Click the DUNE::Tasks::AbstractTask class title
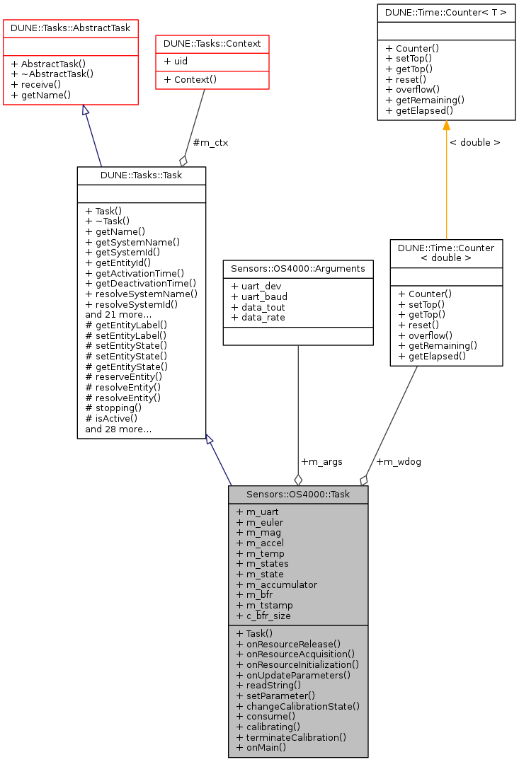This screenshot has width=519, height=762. [71, 28]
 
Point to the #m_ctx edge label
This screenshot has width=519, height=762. [210, 142]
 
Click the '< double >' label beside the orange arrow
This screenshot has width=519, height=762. [474, 142]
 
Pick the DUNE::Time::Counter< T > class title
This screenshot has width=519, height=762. [446, 12]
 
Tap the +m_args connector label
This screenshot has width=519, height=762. [321, 461]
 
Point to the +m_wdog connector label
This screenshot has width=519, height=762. [399, 461]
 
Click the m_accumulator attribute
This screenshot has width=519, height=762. [277, 584]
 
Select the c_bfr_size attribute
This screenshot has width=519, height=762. [265, 616]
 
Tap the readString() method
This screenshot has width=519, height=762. [268, 685]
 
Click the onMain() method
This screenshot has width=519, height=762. [261, 747]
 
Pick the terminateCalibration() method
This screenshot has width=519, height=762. [291, 737]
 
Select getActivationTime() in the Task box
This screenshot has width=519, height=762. [135, 273]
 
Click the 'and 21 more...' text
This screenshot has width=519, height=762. [118, 314]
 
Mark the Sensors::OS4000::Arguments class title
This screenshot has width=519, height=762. [298, 268]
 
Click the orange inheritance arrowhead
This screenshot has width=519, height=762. [446, 126]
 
